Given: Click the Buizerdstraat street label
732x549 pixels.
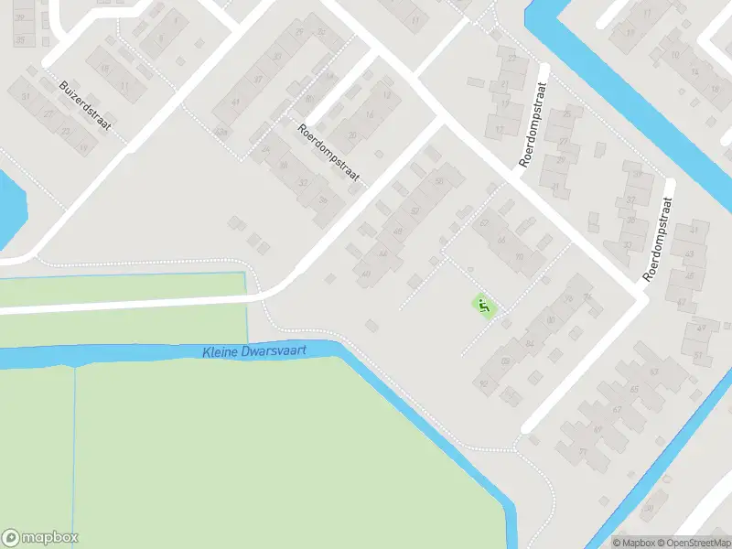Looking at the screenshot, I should [x=85, y=105].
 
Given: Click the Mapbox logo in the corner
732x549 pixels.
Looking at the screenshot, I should [x=40, y=537].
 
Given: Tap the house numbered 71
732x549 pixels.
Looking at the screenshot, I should [x=582, y=451].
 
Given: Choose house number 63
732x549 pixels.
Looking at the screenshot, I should [x=653, y=372].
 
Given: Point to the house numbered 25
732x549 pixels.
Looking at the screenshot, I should [x=567, y=114].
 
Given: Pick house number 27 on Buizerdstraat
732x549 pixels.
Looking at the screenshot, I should [x=48, y=114].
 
